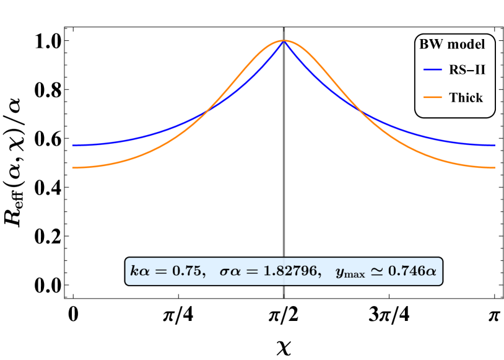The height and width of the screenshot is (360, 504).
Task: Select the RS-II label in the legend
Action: point(467,70)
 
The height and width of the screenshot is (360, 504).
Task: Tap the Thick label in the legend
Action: point(466,97)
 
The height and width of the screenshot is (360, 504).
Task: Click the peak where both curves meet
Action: point(284,40)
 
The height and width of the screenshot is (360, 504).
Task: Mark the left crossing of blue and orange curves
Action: point(206,112)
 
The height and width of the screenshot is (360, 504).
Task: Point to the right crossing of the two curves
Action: point(361,112)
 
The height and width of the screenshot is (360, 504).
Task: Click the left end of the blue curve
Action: point(72,146)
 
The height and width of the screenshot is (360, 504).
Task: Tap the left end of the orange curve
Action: point(72,168)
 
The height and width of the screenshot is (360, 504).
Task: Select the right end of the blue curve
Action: point(495,146)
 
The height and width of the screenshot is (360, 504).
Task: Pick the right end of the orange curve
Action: point(495,168)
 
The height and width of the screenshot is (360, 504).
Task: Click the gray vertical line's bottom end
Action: point(284,297)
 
